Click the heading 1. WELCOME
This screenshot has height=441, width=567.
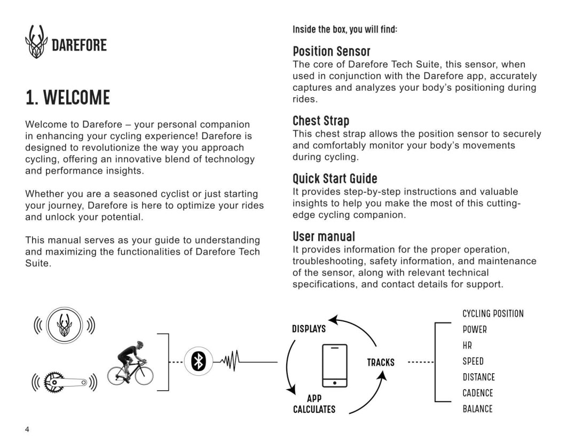[x=68, y=98]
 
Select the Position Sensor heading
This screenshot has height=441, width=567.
[x=331, y=51]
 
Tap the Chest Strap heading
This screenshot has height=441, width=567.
[x=321, y=121]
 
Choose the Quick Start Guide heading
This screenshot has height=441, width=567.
[x=335, y=178]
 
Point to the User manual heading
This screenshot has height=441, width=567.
[x=324, y=236]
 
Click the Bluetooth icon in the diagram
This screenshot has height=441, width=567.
[x=198, y=361]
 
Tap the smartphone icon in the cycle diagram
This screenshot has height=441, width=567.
[x=335, y=365]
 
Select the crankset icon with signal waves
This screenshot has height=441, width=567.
[x=65, y=382]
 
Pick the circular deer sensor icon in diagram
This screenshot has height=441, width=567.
[x=64, y=325]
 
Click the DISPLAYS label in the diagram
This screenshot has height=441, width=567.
[x=309, y=329]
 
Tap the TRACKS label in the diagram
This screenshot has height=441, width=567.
[x=381, y=363]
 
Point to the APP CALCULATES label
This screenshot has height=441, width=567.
[x=314, y=404]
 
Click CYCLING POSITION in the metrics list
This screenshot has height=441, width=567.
[x=493, y=313]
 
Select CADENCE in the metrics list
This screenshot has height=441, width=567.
[x=477, y=393]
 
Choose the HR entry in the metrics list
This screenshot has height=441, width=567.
[x=467, y=345]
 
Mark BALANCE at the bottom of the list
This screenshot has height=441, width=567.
[x=477, y=409]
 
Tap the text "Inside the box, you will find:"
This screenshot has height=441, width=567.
[x=344, y=29]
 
